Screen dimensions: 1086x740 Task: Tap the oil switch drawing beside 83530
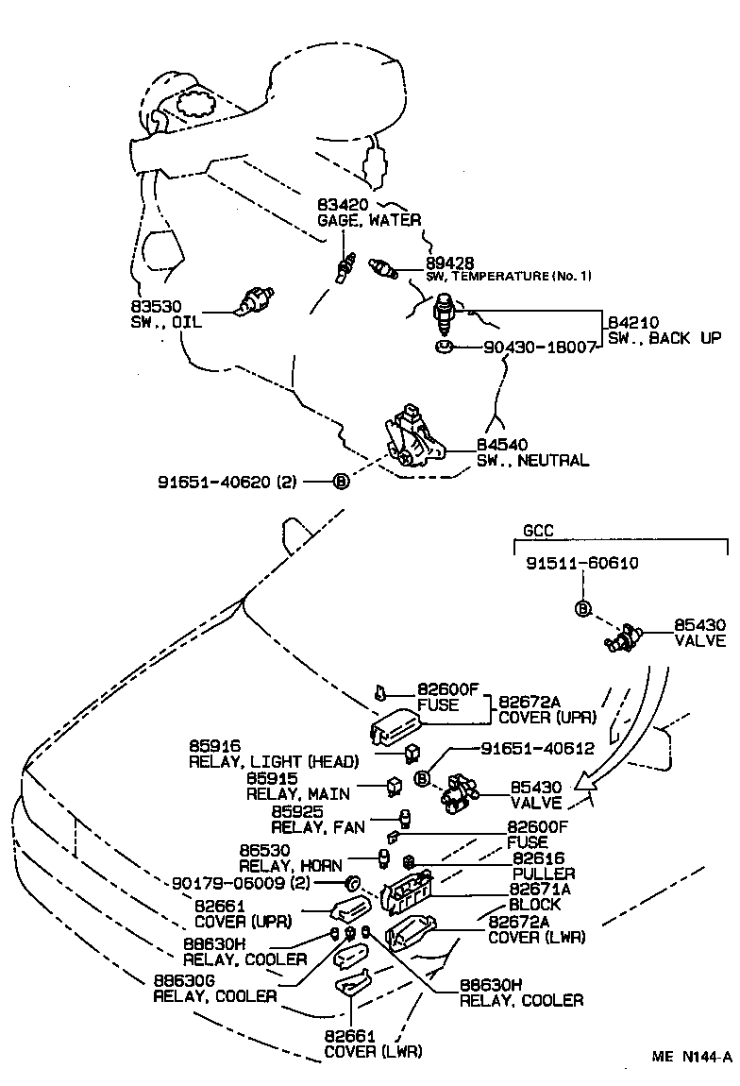point(252,301)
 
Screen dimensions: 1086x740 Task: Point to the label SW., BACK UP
point(664,337)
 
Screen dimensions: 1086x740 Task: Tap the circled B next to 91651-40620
point(341,482)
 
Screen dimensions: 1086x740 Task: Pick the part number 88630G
point(179,980)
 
